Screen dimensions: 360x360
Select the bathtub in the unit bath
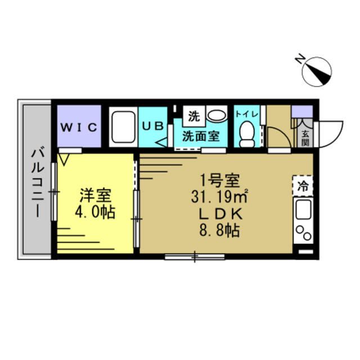click(122, 128)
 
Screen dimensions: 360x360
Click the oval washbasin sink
click(215, 115)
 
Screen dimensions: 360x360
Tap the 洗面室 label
click(200, 136)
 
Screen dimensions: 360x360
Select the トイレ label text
click(246, 114)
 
